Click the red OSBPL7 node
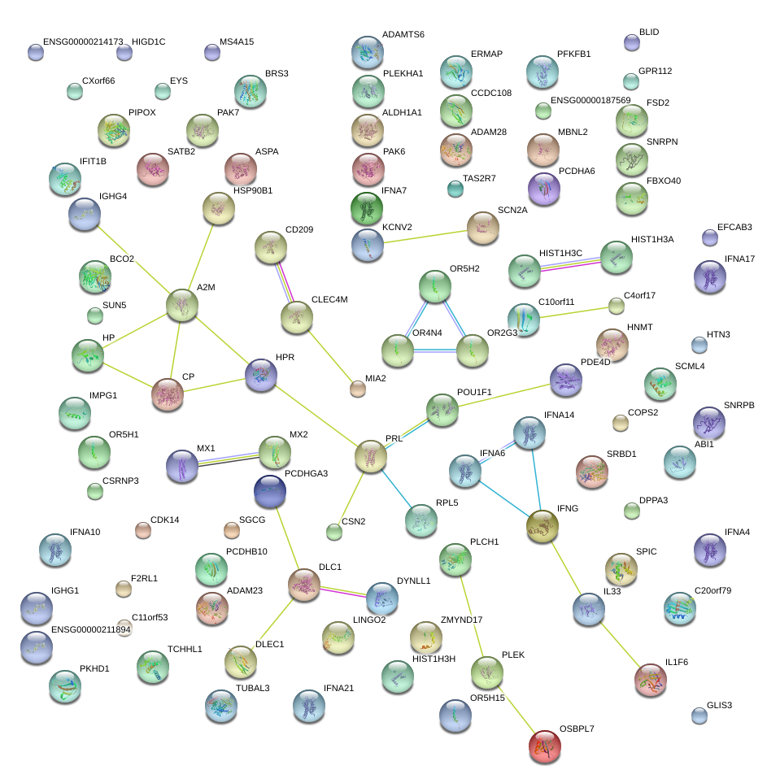(x=545, y=746)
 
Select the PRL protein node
(x=370, y=456)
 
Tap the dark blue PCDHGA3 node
(x=270, y=491)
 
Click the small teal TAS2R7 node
(x=455, y=189)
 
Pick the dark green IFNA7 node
(x=367, y=208)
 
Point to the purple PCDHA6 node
(x=543, y=189)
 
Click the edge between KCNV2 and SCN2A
(x=425, y=237)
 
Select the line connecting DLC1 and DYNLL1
(x=343, y=592)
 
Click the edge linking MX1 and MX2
(x=229, y=459)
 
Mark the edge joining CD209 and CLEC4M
(x=284, y=282)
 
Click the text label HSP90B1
(x=253, y=190)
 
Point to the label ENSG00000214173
(x=83, y=41)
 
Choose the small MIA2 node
(x=357, y=389)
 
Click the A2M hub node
(x=182, y=305)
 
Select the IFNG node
(x=543, y=526)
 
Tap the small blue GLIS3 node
(x=699, y=716)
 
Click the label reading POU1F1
(x=474, y=392)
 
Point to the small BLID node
(x=632, y=42)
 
